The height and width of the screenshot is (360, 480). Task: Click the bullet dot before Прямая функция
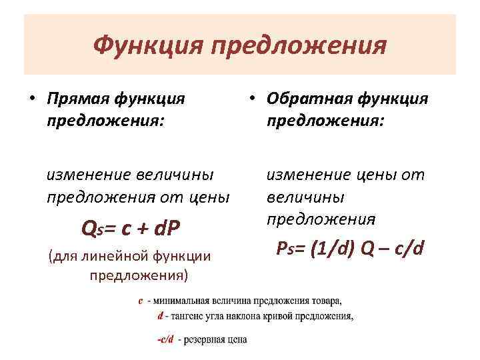(31, 100)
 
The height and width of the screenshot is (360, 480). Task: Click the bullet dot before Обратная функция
(251, 100)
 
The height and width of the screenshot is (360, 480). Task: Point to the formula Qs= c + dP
(130, 229)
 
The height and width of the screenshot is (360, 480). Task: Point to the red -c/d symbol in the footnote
(165, 339)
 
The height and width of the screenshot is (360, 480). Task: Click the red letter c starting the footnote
(141, 301)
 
